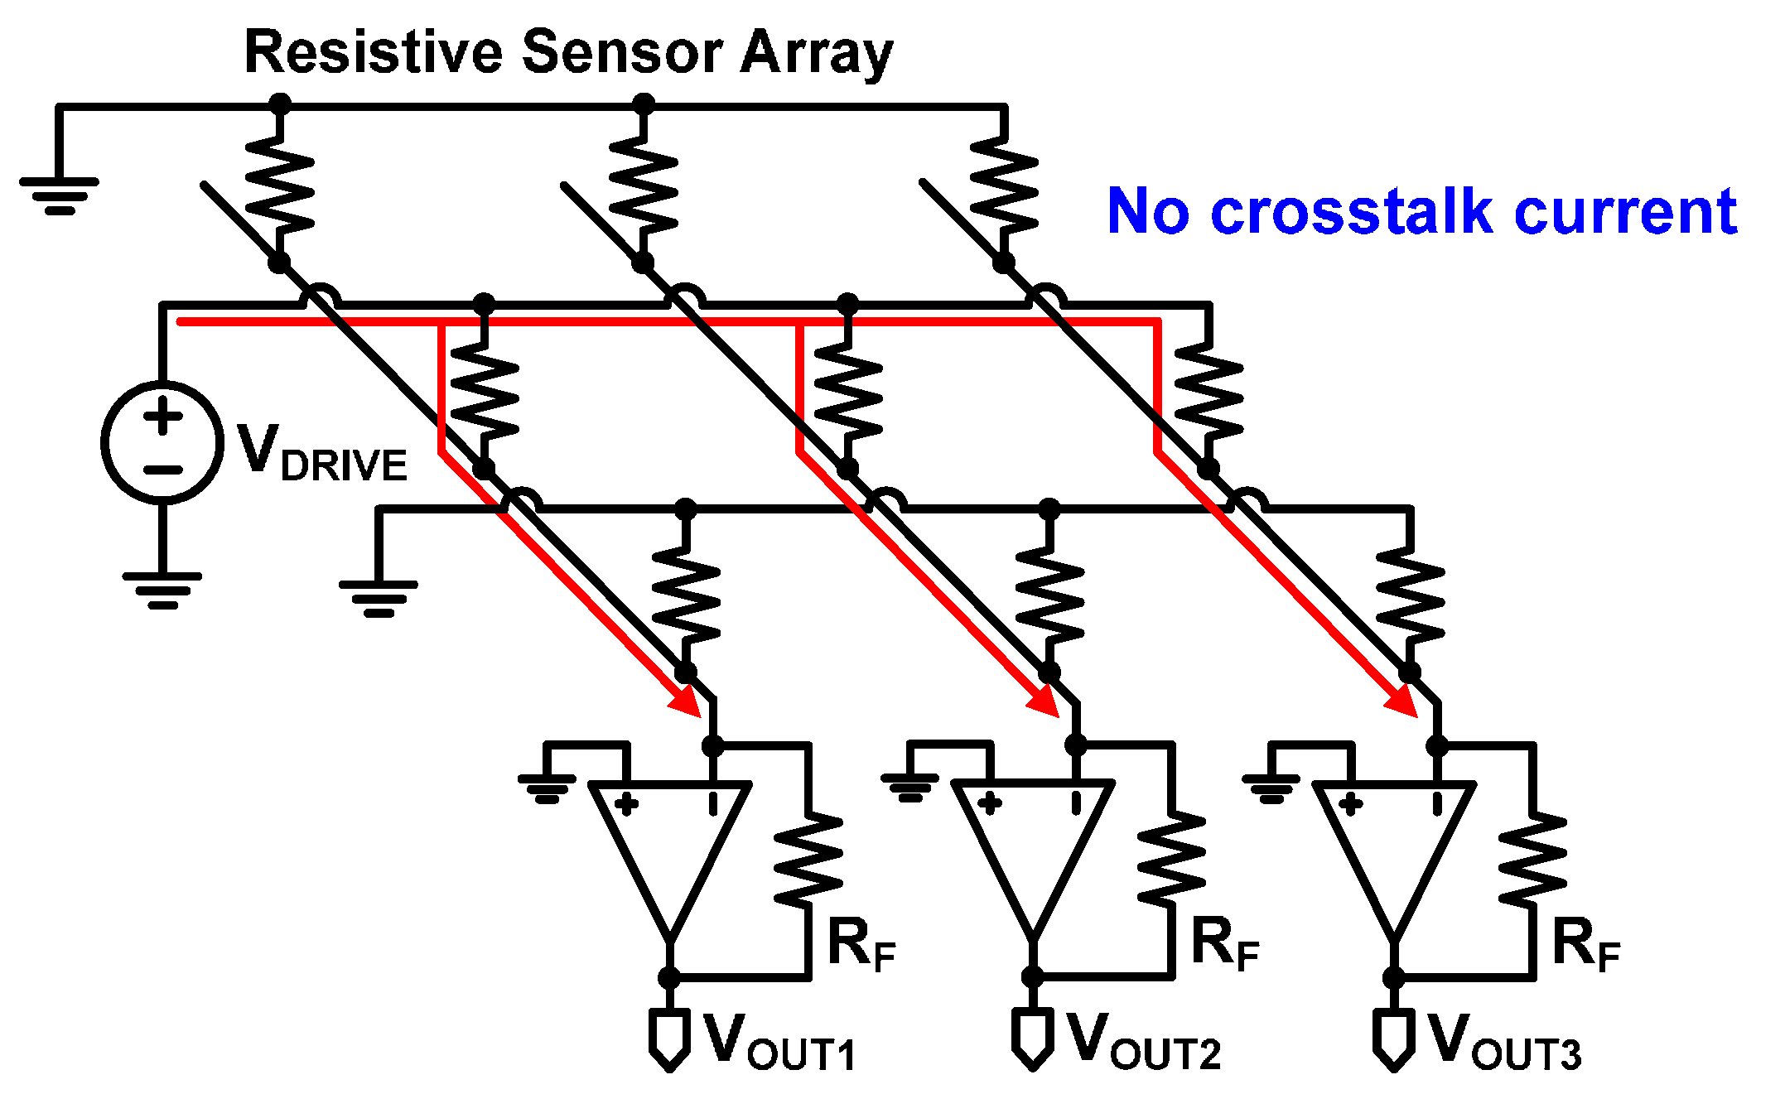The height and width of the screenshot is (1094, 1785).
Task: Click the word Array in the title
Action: [x=816, y=53]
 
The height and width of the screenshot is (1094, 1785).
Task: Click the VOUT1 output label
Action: [x=779, y=1042]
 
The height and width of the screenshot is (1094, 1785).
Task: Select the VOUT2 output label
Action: [x=1143, y=1042]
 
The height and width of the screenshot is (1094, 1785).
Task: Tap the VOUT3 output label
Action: [x=1504, y=1042]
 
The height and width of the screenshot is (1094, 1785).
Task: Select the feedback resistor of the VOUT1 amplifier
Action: [x=808, y=861]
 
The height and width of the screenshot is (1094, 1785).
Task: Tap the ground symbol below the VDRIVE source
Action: [x=162, y=590]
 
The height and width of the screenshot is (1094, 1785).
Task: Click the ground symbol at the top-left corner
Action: [x=60, y=195]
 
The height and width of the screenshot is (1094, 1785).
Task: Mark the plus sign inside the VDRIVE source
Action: [x=163, y=415]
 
